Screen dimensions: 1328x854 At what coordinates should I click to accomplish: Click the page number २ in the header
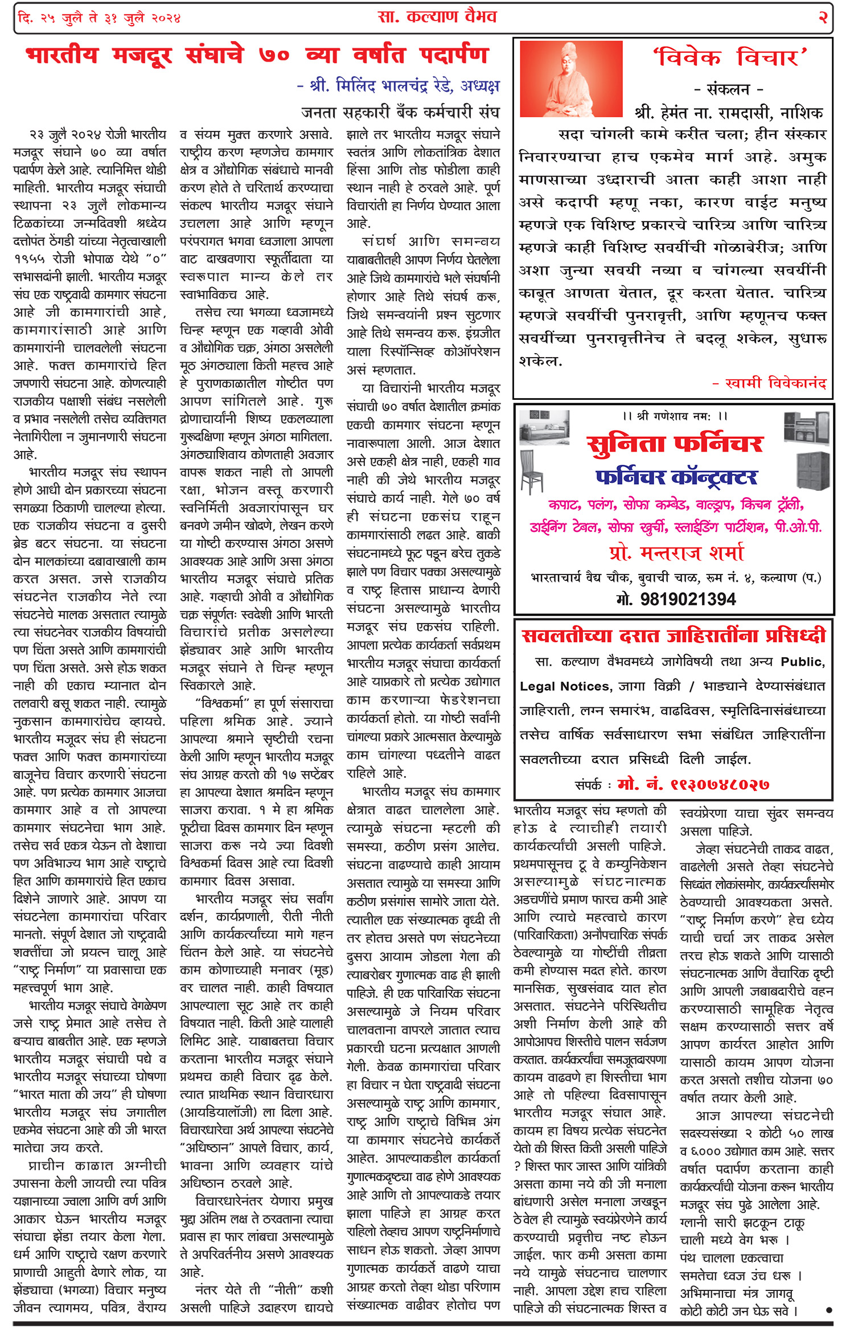[822, 17]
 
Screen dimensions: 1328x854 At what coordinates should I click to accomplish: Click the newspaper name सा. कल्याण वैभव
[437, 17]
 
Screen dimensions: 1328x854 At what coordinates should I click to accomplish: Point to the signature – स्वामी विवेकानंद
[769, 383]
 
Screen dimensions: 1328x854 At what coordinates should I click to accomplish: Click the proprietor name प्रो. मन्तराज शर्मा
[676, 553]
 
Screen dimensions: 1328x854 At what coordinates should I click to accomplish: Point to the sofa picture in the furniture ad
[544, 431]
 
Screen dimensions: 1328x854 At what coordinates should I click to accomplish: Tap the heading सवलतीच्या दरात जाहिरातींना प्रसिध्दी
[674, 636]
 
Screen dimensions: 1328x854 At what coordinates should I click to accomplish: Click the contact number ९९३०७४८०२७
[693, 784]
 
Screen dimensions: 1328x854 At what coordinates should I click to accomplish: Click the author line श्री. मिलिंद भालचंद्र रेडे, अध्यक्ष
[398, 86]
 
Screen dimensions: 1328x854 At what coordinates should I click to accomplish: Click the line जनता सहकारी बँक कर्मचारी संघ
[400, 112]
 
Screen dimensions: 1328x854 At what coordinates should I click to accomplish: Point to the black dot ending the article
[828, 1310]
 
